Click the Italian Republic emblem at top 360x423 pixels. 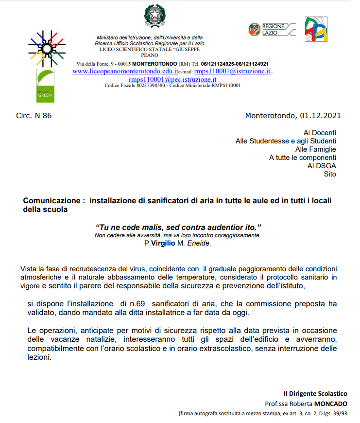pyautogui.click(x=155, y=16)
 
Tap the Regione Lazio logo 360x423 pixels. pyautogui.click(x=272, y=29)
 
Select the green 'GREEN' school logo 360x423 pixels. pyautogui.click(x=45, y=86)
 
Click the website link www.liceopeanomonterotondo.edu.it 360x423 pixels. pyautogui.click(x=125, y=71)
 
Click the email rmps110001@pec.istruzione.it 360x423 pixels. pyautogui.click(x=172, y=79)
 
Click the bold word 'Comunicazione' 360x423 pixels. pyautogui.click(x=51, y=201)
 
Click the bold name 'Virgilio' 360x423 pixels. pyautogui.click(x=164, y=243)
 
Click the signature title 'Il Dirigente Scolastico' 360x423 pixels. pyautogui.click(x=315, y=393)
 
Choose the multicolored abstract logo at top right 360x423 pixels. pyautogui.click(x=316, y=29)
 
